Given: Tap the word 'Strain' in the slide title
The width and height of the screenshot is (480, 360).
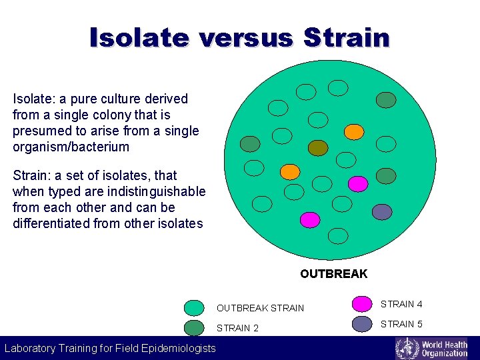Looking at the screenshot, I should [346, 37].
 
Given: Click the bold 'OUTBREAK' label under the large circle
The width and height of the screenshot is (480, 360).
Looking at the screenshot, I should [333, 274].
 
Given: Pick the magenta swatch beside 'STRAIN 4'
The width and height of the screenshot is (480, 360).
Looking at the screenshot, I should [362, 304].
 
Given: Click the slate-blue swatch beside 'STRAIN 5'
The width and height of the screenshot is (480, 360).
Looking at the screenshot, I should [362, 324].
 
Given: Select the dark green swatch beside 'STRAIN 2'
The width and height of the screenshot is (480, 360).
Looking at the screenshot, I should [194, 327].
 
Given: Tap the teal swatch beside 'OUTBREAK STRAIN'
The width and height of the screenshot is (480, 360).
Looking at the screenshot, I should [194, 307].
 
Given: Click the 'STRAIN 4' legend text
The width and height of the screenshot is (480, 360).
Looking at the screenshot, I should [401, 304].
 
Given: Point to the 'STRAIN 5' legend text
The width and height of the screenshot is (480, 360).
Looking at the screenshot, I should [401, 324].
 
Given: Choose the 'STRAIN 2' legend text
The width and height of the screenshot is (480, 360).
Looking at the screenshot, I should [237, 328].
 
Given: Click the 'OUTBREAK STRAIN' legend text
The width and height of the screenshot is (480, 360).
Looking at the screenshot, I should [260, 308].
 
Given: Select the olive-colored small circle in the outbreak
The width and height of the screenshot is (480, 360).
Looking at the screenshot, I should [319, 147].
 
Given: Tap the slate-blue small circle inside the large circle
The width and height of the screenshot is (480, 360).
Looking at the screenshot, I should [382, 212].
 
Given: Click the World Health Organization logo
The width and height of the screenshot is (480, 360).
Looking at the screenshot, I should [431, 348].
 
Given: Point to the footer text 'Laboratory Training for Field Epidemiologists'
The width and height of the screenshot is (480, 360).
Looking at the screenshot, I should [110, 348].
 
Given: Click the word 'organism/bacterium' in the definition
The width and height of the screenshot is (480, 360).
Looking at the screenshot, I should [71, 147].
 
